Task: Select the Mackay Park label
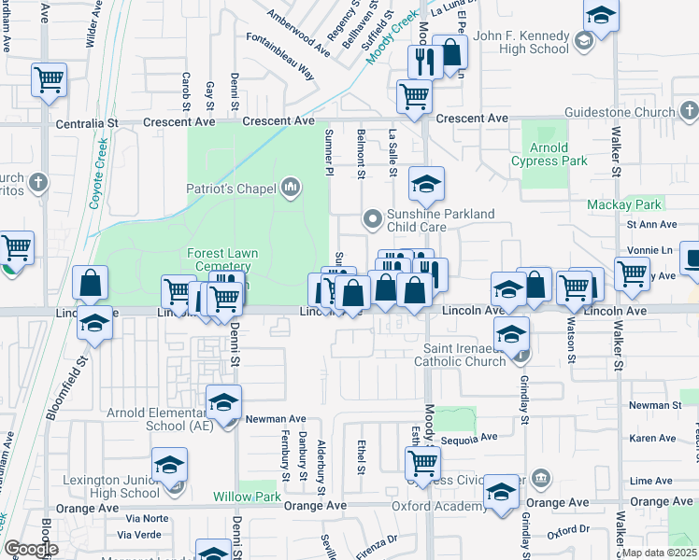(x=624, y=204)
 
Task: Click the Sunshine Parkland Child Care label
(x=440, y=220)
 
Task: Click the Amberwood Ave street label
(x=298, y=31)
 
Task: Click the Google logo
(x=31, y=549)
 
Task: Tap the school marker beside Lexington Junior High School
(x=169, y=464)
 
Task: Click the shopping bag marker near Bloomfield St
(x=90, y=283)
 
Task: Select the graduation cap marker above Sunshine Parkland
(x=426, y=184)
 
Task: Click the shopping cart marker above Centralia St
(x=49, y=79)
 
